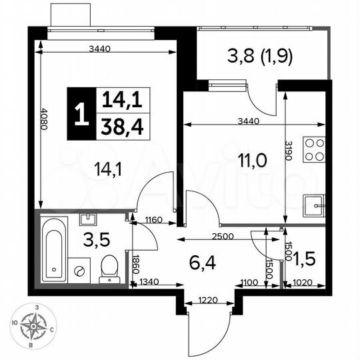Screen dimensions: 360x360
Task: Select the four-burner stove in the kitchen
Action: pos(314,151)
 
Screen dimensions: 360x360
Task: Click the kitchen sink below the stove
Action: pos(313,203)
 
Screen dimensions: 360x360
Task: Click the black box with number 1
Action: pos(81,114)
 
